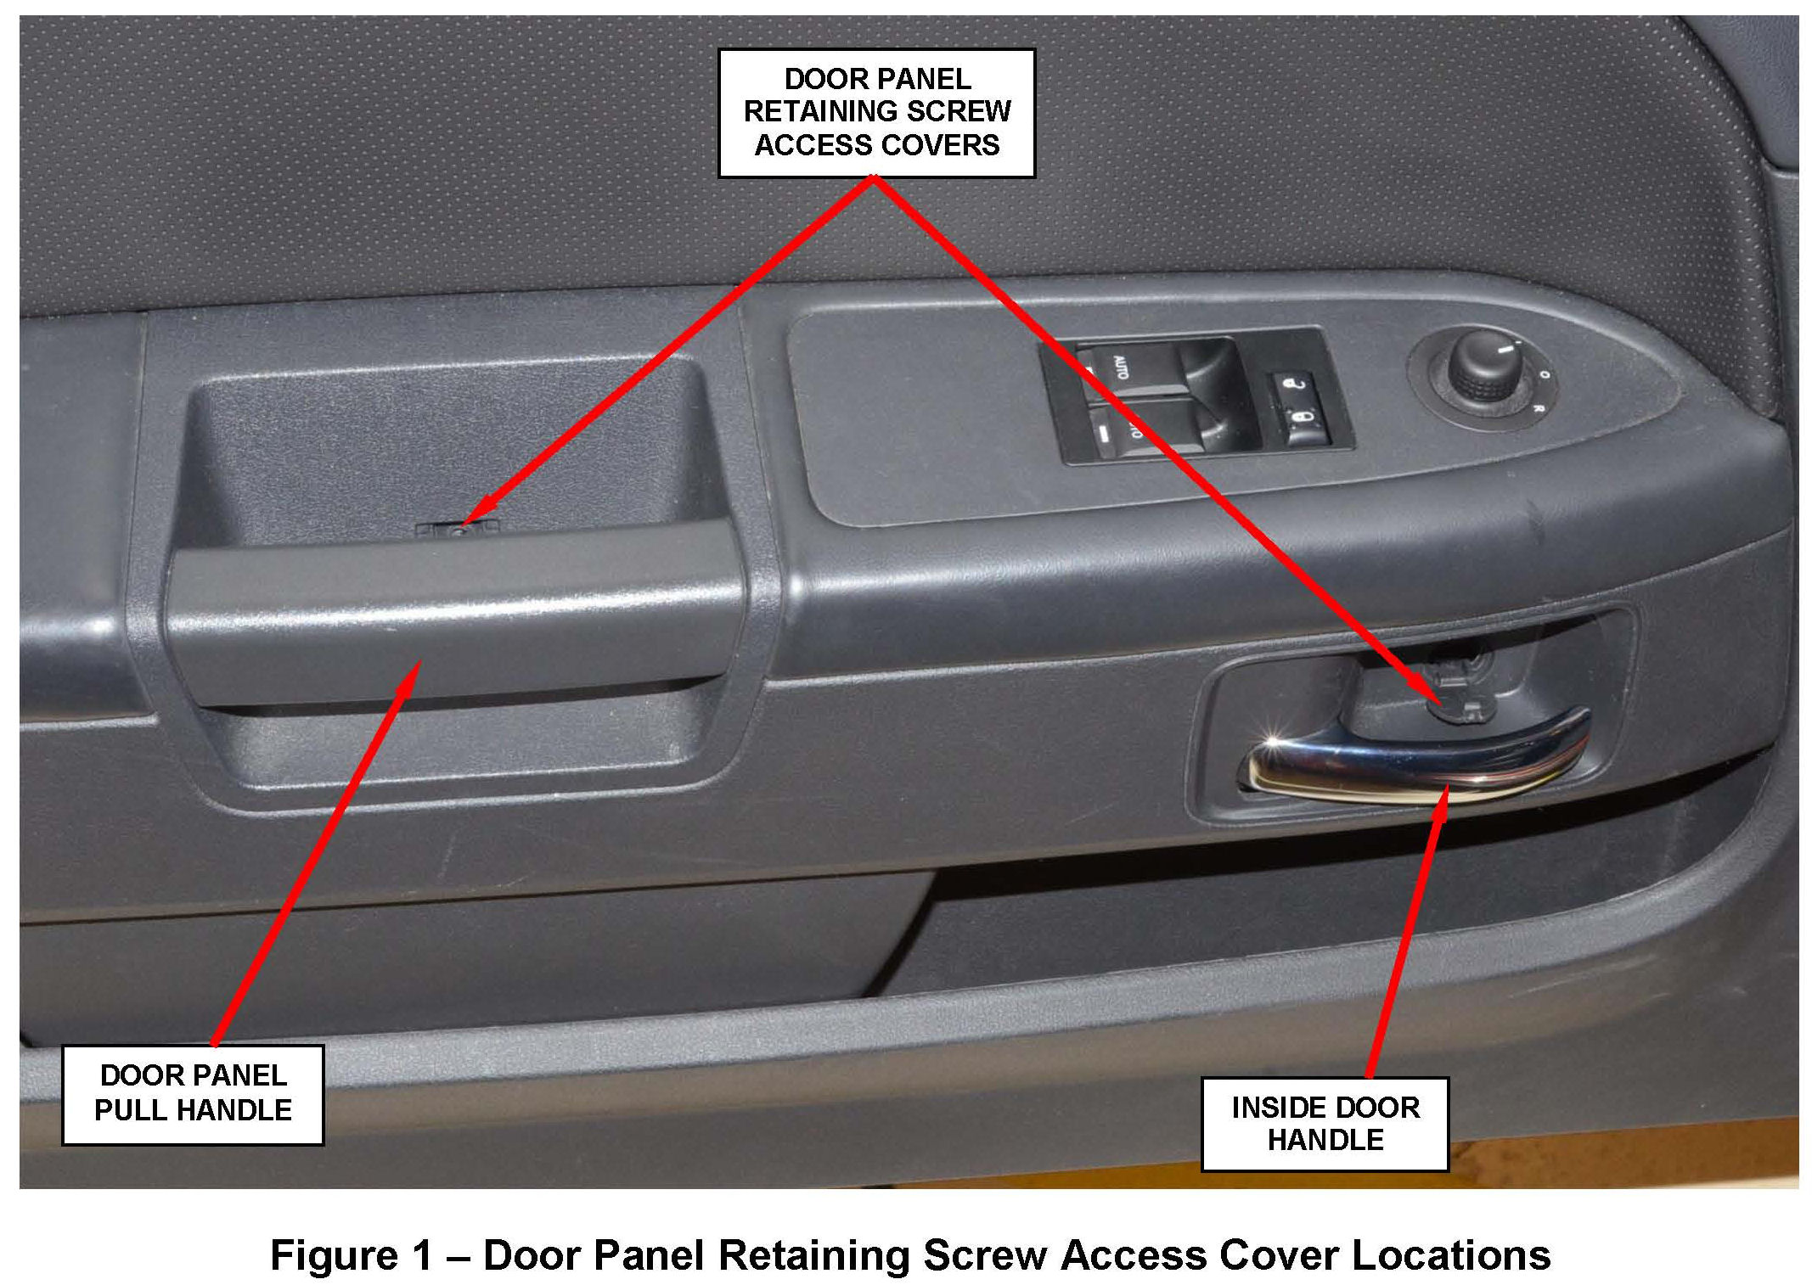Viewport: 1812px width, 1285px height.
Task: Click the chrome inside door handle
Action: pos(1401,768)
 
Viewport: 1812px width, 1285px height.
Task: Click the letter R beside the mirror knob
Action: pos(1538,409)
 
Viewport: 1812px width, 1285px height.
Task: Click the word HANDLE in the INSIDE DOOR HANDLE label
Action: pos(1325,1140)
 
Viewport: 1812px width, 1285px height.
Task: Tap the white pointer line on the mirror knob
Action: pos(1505,348)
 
